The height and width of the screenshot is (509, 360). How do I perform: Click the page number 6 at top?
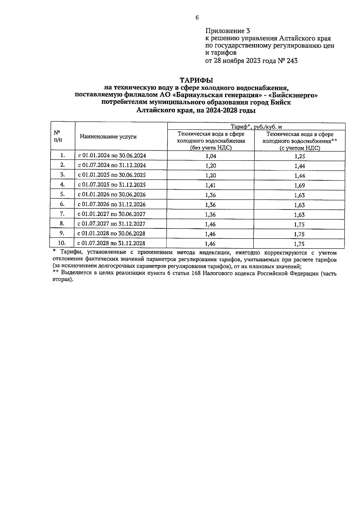(197, 18)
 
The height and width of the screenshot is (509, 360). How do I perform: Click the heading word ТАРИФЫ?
(196, 80)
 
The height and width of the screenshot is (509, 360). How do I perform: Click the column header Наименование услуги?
(108, 137)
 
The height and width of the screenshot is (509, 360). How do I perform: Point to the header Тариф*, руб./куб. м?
(256, 127)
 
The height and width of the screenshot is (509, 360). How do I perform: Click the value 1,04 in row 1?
(211, 156)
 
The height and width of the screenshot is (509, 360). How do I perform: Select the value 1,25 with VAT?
(299, 156)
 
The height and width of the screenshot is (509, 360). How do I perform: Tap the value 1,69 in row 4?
(299, 185)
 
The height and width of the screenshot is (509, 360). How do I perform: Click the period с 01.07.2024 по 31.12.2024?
(112, 165)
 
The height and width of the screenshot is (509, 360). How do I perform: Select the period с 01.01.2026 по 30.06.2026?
(112, 194)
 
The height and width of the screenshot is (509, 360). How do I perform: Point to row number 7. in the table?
(62, 214)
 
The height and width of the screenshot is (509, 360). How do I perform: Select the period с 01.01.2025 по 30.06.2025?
(112, 175)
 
